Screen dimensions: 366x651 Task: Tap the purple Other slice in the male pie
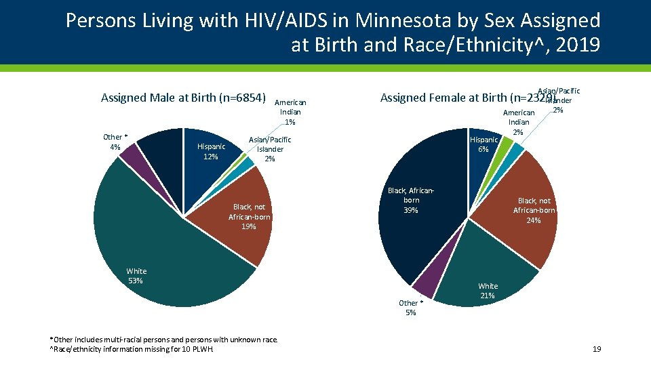pos(130,154)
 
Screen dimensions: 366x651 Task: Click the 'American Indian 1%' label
pos(290,112)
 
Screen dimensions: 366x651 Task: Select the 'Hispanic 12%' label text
pos(210,152)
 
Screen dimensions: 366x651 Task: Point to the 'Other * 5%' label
pos(411,308)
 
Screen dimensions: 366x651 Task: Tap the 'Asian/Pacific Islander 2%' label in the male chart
pos(270,149)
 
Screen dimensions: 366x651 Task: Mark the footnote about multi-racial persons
pos(163,339)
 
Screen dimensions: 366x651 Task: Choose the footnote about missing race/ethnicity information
pos(132,350)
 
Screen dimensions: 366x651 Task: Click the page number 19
pos(597,349)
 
